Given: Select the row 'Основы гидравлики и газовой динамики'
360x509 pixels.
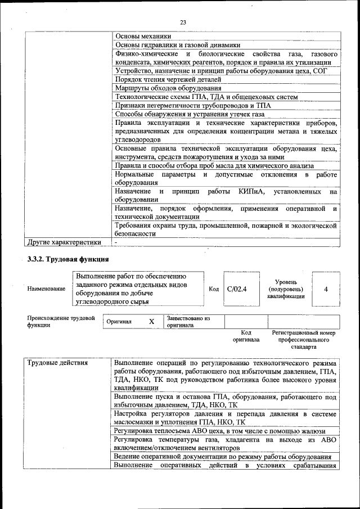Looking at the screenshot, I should [177, 44].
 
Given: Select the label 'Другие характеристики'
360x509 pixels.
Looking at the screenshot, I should [65, 242].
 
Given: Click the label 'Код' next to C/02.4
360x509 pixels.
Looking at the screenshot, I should [214, 289].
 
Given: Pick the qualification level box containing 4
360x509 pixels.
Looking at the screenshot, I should [326, 289].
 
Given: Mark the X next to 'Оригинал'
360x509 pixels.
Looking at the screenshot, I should [151, 322].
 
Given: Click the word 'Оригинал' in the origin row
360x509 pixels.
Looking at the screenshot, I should [119, 322].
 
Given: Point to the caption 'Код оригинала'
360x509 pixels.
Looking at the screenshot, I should [246, 336].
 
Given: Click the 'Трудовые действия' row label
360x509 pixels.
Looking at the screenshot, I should [58, 363].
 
